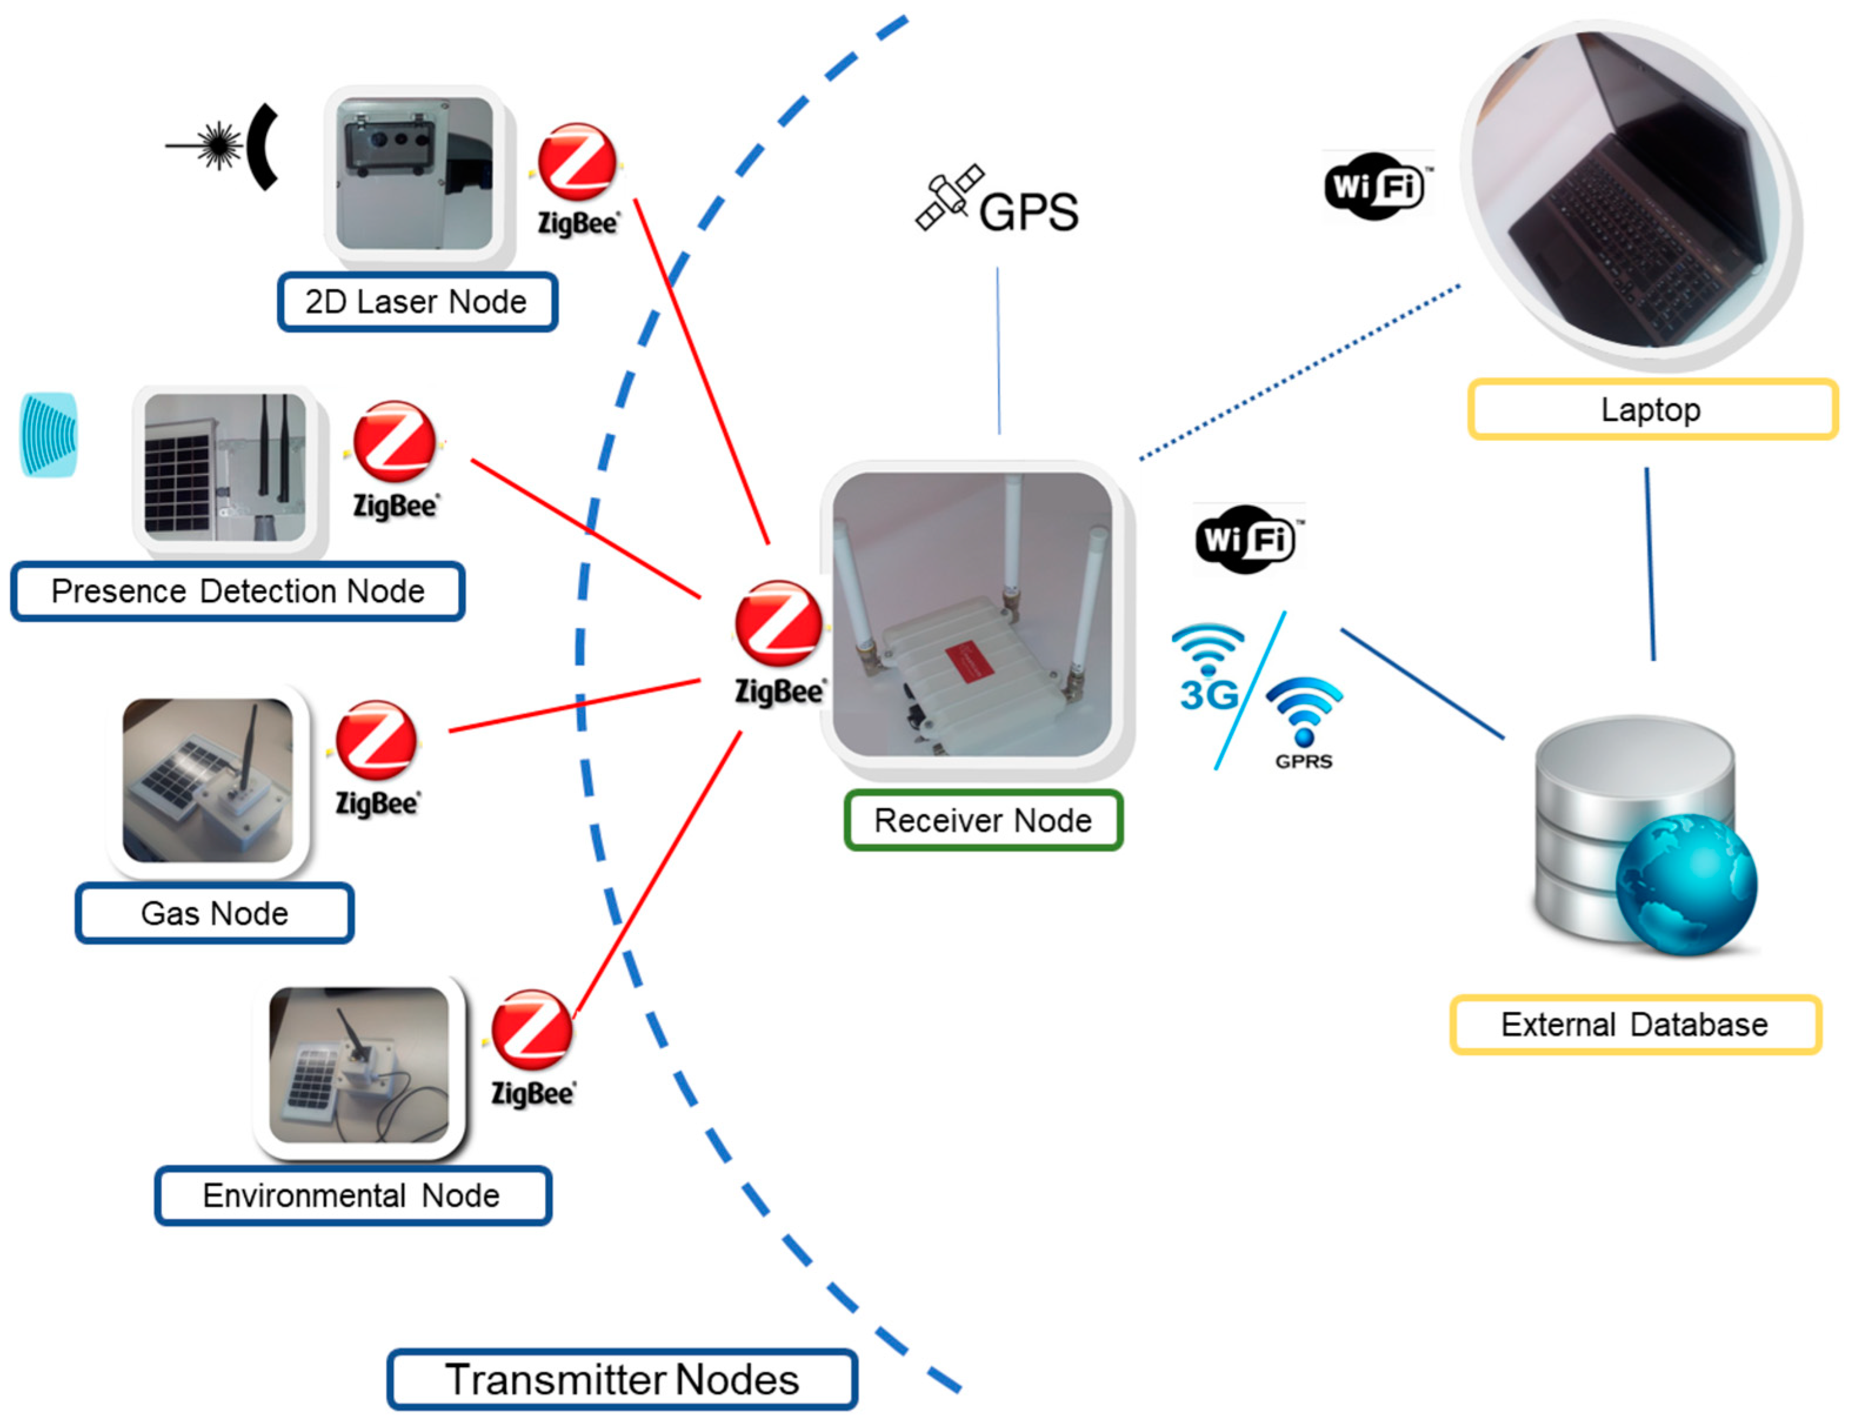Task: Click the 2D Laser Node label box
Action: (x=417, y=302)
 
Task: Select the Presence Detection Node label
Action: (x=238, y=591)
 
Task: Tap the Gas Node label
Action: (x=214, y=914)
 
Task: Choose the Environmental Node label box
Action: (x=353, y=1195)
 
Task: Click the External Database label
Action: (x=1635, y=1024)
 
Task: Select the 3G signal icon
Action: (x=1208, y=668)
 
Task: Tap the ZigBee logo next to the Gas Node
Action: (x=376, y=742)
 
